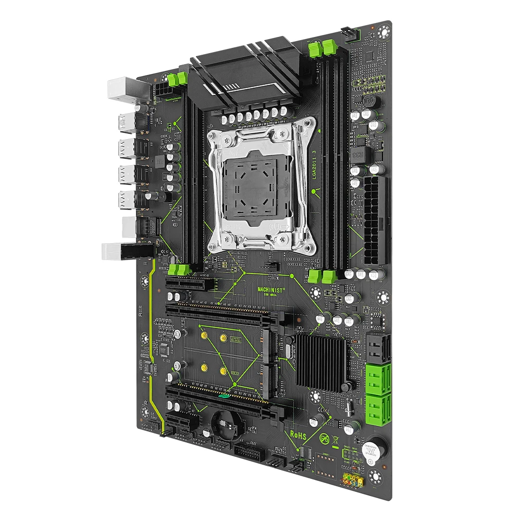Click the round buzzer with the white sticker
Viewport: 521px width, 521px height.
tap(371, 452)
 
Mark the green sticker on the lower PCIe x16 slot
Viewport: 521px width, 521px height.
tap(226, 396)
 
